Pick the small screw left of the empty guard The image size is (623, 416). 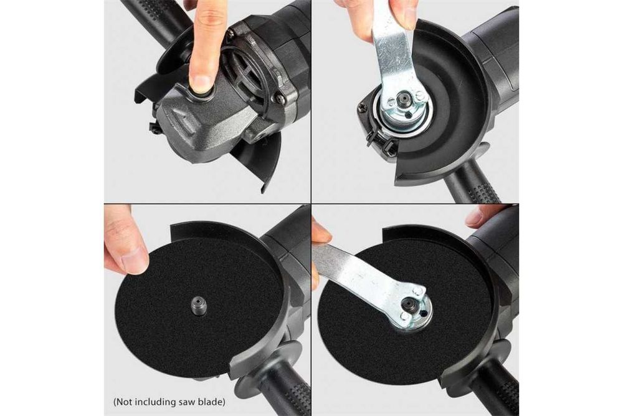click(363, 106)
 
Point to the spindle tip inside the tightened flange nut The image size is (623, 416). click(408, 304)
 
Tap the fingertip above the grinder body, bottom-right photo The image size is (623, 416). click(478, 216)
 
